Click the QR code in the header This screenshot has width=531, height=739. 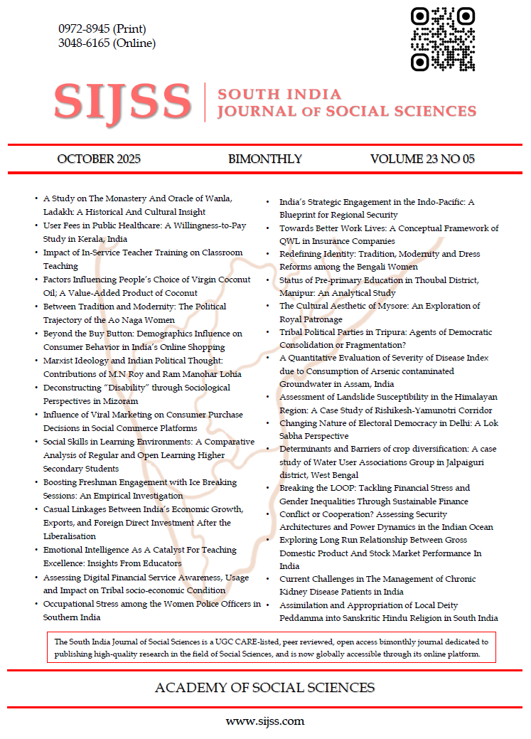pos(443,38)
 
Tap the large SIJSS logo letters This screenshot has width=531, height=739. pos(122,102)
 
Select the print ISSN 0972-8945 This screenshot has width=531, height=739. pos(102,29)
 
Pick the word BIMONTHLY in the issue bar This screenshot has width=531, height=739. pos(265,159)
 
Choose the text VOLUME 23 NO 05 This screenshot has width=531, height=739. pos(422,159)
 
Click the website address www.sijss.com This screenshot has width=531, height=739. pos(265,721)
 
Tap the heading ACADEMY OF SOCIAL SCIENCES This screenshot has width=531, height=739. pos(264,688)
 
